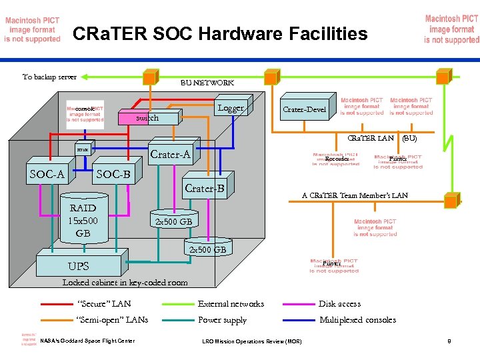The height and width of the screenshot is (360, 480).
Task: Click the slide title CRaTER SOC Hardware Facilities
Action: pyautogui.click(x=219, y=33)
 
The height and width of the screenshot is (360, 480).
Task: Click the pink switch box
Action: pyautogui.click(x=147, y=118)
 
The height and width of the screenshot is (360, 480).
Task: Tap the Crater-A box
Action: pyautogui.click(x=170, y=155)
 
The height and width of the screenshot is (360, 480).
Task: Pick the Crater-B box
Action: pyautogui.click(x=205, y=189)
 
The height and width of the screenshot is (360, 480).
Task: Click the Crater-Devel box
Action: pyautogui.click(x=305, y=109)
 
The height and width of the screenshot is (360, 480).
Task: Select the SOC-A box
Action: pyautogui.click(x=47, y=175)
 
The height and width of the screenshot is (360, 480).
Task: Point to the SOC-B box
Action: pyautogui.click(x=113, y=175)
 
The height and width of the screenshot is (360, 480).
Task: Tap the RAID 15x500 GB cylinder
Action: pyautogui.click(x=83, y=220)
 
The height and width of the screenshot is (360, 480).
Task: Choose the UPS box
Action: pyautogui.click(x=78, y=266)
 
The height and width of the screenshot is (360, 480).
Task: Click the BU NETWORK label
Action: pyautogui.click(x=207, y=83)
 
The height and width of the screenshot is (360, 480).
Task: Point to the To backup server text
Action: pyautogui.click(x=49, y=77)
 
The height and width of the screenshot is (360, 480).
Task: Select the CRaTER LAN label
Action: pyautogui.click(x=371, y=139)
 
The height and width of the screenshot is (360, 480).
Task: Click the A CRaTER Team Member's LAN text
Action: pyautogui.click(x=354, y=195)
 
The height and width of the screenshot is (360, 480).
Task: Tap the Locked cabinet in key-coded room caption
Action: pyautogui.click(x=125, y=283)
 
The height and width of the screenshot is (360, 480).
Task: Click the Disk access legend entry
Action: pyautogui.click(x=339, y=304)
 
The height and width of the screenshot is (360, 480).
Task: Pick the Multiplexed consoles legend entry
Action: pyautogui.click(x=357, y=320)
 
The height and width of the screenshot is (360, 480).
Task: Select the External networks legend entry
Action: pyautogui.click(x=231, y=304)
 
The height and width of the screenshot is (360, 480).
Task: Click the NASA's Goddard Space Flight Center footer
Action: pyautogui.click(x=87, y=341)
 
